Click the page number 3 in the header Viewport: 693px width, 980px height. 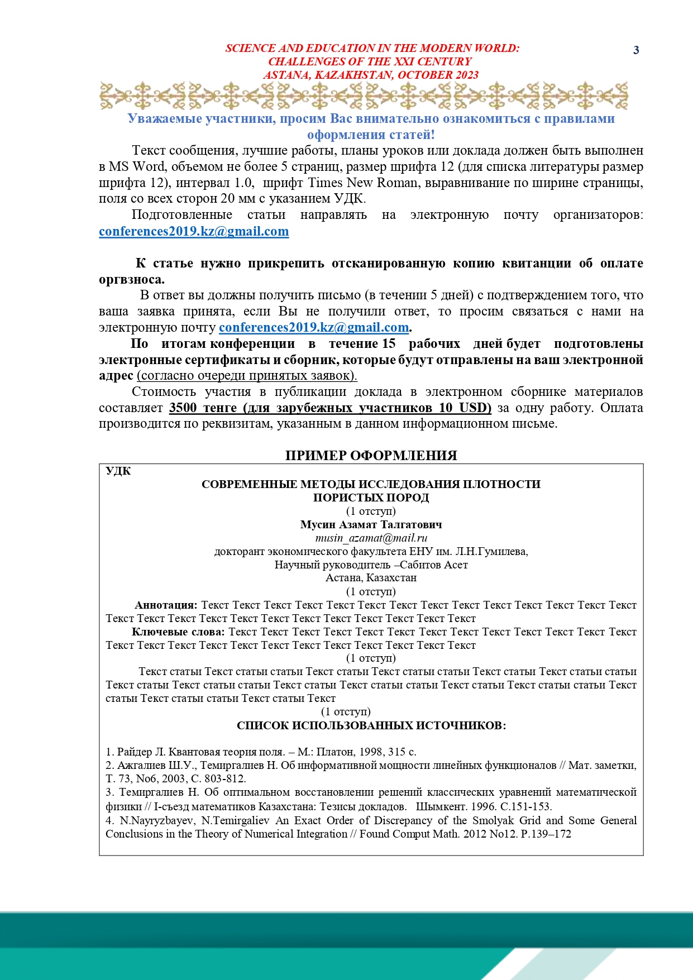point(636,50)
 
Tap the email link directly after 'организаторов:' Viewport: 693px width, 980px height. point(194,231)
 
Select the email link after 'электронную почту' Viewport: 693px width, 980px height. point(313,327)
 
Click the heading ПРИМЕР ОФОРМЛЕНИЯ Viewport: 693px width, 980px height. point(371,456)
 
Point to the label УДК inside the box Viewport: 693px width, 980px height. point(118,471)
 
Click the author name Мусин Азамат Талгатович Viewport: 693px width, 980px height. point(371,524)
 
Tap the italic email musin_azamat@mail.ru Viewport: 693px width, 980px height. point(371,538)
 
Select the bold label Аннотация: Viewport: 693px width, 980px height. point(166,605)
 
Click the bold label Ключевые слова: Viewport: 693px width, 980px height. point(178,632)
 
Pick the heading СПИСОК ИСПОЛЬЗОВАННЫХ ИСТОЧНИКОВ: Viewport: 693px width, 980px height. point(371,725)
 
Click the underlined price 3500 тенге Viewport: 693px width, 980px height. point(203,408)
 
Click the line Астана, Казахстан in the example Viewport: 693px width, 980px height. point(371,578)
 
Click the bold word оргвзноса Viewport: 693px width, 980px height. point(131,279)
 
